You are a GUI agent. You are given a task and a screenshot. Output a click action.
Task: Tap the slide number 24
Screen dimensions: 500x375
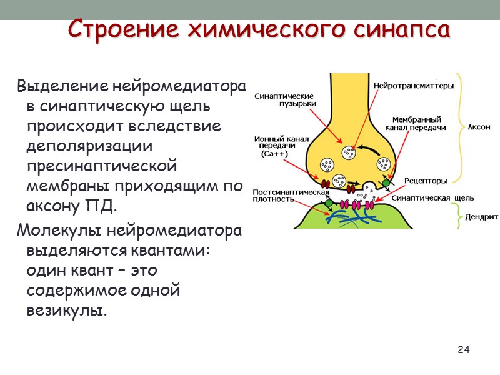pyautogui.click(x=463, y=349)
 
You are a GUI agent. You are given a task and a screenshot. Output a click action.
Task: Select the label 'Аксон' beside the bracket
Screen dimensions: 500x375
pyautogui.click(x=479, y=127)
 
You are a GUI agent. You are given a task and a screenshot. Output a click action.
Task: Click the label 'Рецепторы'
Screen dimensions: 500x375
pyautogui.click(x=426, y=181)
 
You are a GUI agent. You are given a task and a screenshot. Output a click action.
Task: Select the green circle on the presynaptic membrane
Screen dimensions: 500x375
pyautogui.click(x=386, y=183)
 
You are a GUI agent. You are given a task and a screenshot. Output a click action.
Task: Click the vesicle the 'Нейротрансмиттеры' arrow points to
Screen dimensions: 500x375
pyautogui.click(x=349, y=152)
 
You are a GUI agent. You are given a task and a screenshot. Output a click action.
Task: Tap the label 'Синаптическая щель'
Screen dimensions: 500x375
pyautogui.click(x=432, y=197)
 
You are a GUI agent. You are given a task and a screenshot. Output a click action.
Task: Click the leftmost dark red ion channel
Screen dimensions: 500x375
pyautogui.click(x=325, y=185)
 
